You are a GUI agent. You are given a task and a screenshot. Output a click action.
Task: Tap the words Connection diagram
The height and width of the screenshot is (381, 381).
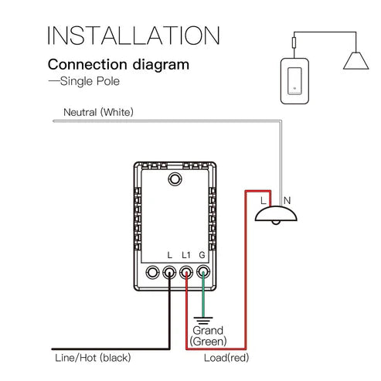pyautogui.click(x=118, y=65)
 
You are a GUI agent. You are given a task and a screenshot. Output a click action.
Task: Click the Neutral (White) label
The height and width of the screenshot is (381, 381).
pyautogui.click(x=98, y=113)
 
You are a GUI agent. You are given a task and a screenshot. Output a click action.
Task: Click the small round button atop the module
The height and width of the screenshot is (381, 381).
pyautogui.click(x=175, y=179)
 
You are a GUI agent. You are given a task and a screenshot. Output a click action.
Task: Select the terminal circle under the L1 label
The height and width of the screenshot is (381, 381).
pyautogui.click(x=186, y=272)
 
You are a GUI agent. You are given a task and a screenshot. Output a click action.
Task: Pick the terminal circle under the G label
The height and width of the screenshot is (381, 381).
pyautogui.click(x=204, y=272)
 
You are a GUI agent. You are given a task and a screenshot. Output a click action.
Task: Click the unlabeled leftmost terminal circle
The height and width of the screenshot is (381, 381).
pyautogui.click(x=152, y=272)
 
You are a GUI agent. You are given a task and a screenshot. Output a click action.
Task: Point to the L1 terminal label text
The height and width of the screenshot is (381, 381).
pyautogui.click(x=186, y=255)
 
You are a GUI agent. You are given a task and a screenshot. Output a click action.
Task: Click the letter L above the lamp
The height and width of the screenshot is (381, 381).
pyautogui.click(x=264, y=200)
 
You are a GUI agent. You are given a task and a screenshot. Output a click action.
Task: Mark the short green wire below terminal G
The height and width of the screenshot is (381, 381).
pyautogui.click(x=204, y=298)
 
